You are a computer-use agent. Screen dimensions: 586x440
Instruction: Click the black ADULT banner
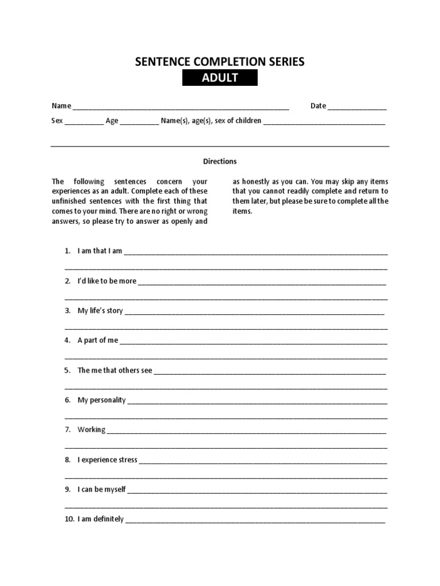pos(220,78)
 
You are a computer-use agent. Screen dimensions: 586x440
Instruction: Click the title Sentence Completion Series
pos(220,62)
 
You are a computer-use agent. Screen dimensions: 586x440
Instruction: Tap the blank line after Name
pos(180,107)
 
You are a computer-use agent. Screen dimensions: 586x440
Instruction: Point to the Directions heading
pos(220,161)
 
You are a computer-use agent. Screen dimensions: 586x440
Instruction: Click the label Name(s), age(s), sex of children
pos(211,121)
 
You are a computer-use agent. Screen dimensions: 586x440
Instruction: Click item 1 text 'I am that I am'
pos(100,251)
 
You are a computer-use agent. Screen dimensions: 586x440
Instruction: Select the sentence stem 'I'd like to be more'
pos(107,281)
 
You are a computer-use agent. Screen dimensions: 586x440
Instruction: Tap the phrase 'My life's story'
pos(100,311)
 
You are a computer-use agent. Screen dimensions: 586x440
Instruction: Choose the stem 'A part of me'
pos(98,340)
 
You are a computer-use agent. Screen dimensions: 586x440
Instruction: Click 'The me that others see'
pos(115,370)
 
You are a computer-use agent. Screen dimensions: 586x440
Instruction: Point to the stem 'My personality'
pos(101,400)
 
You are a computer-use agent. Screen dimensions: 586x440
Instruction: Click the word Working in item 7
pos(92,430)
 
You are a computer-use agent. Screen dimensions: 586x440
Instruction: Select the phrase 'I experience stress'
pos(108,460)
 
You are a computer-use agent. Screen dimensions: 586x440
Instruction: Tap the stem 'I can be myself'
pos(101,489)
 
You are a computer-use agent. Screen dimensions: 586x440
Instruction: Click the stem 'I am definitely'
pos(101,519)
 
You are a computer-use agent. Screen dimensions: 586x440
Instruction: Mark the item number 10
pos(69,519)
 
